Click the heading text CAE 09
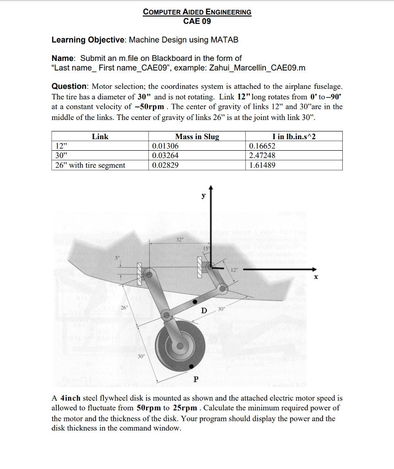tap(197, 21)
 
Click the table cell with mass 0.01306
tap(165, 146)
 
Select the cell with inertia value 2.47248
tap(262, 156)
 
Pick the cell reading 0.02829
tap(165, 165)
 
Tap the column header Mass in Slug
tap(197, 136)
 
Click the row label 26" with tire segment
tap(90, 165)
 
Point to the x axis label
tap(315, 278)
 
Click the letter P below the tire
tap(196, 379)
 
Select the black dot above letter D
tap(195, 302)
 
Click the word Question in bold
tap(70, 87)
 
